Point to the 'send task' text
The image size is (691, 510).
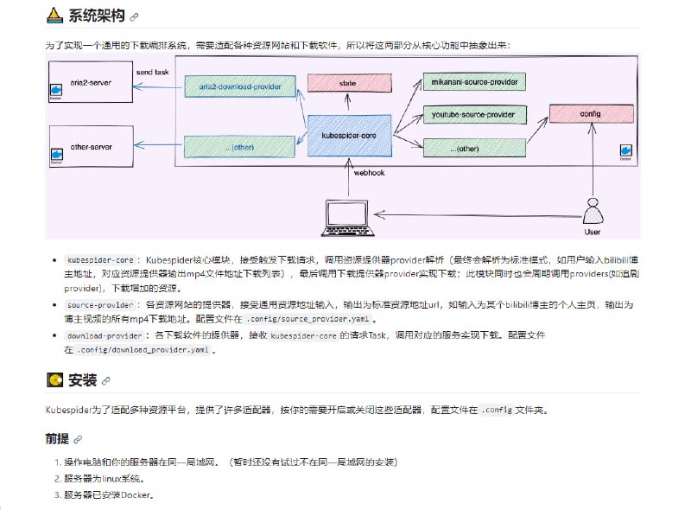[x=153, y=69]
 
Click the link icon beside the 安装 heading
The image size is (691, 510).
[x=106, y=380]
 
